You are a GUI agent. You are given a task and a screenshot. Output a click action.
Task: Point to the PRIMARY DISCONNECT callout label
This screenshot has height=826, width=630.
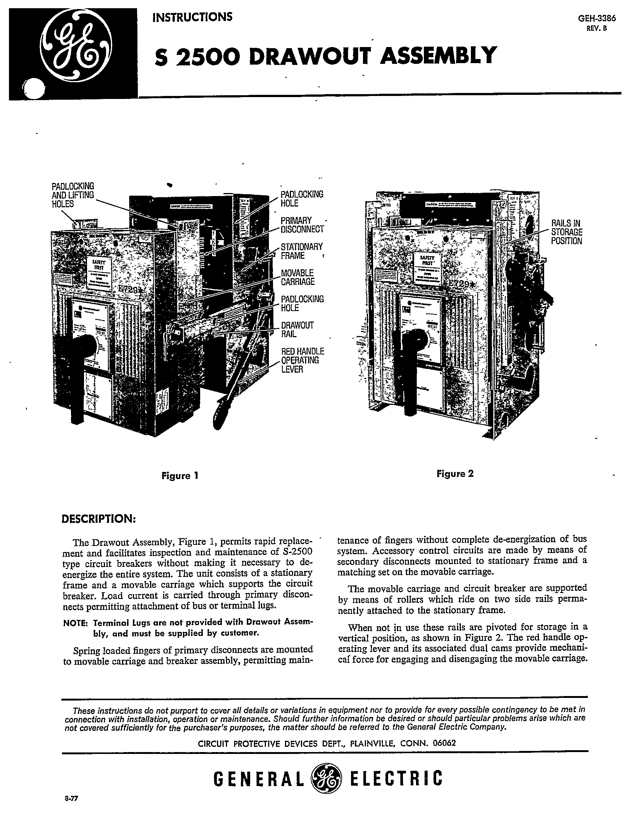point(302,224)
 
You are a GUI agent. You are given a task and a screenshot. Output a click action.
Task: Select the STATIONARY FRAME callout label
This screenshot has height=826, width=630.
point(301,251)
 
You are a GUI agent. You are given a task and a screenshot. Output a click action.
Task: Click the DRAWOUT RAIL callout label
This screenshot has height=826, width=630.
point(297,329)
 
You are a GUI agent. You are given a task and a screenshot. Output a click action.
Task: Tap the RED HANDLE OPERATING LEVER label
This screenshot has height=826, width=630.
point(302,360)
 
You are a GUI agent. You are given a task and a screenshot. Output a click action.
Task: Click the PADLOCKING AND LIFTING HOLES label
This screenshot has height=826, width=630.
point(73,195)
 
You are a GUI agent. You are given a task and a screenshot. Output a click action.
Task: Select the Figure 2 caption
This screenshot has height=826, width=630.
point(454,473)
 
